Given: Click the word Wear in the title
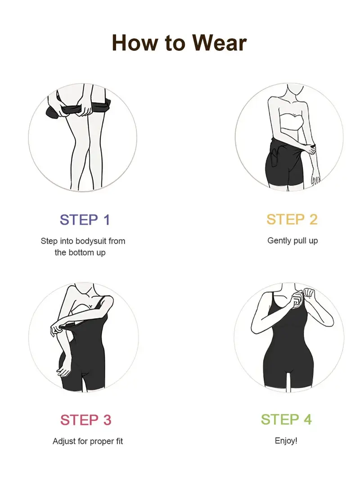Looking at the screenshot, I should click(220, 43).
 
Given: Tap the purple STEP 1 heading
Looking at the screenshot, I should click(85, 220).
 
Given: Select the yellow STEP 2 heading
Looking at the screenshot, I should click(292, 220).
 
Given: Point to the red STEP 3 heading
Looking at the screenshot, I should click(85, 420).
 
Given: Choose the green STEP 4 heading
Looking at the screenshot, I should click(286, 419).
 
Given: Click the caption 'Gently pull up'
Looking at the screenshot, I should click(292, 241).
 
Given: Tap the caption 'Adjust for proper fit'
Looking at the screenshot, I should click(88, 441).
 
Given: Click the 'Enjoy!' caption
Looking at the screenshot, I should click(286, 440).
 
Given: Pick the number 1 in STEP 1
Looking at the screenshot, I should click(106, 220).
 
